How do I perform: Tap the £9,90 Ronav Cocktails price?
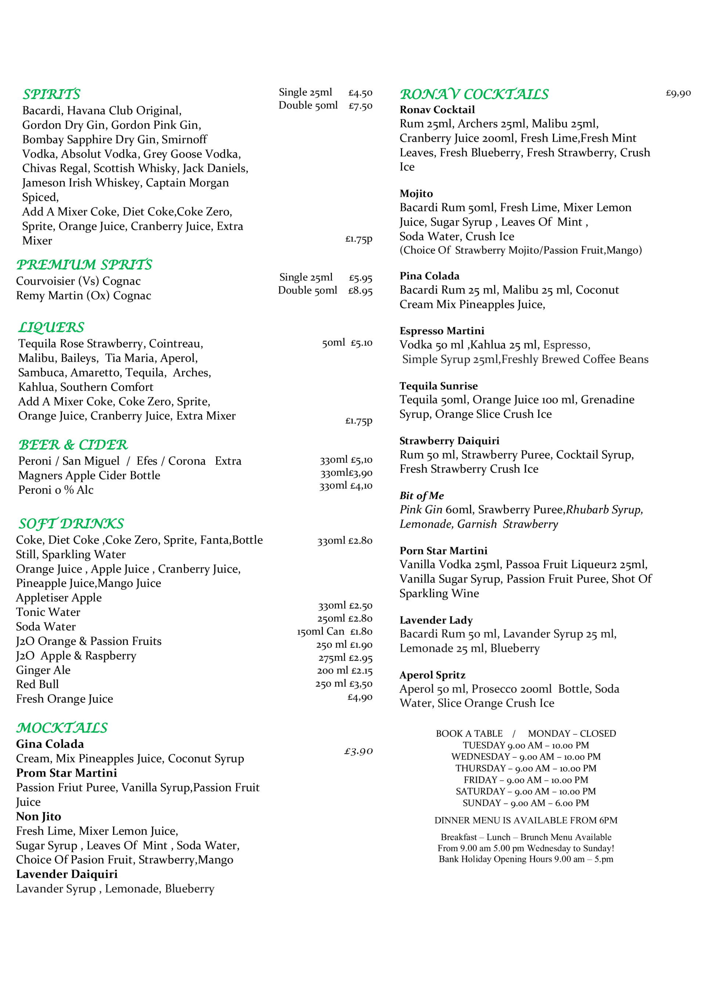[x=678, y=93]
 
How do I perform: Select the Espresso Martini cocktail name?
[x=441, y=330]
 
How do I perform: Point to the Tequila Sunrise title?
[x=438, y=386]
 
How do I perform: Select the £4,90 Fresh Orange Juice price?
[x=359, y=697]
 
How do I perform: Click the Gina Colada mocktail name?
[x=50, y=744]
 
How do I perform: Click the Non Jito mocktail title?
[x=39, y=816]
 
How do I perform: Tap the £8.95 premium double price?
[x=360, y=290]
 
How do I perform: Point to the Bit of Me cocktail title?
[x=421, y=495]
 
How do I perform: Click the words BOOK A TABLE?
[x=469, y=733]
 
